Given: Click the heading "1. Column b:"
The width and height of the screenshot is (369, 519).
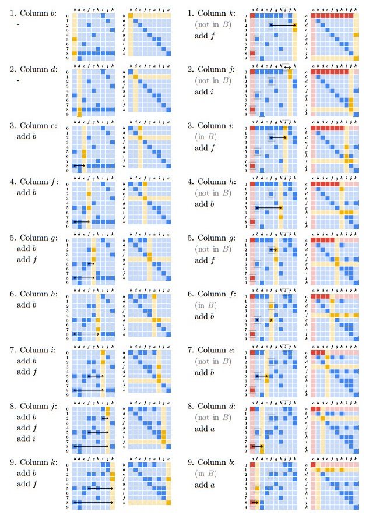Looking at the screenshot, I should [33, 13].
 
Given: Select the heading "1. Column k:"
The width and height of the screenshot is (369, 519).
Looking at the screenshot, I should [215, 13].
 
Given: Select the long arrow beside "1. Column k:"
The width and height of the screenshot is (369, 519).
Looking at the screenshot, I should [283, 26].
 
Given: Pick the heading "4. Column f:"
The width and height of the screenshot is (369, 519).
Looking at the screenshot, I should [33, 181].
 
